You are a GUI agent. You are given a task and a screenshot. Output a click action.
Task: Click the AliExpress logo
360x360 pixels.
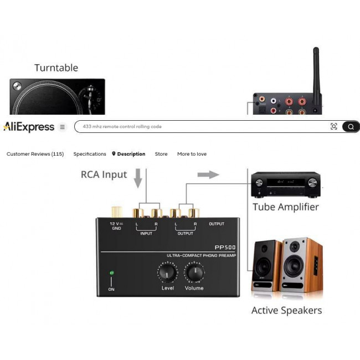point(29,127)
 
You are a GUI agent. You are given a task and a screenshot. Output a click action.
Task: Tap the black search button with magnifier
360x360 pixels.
point(351,127)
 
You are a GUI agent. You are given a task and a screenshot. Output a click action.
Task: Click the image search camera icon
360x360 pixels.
point(333,127)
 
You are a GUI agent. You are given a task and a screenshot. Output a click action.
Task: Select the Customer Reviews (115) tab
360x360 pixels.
point(35,154)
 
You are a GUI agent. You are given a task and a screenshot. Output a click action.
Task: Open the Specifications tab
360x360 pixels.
point(90,154)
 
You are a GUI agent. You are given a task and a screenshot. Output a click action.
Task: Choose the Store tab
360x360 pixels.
point(161,154)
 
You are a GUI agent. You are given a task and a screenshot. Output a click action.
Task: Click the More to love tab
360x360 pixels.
point(192,154)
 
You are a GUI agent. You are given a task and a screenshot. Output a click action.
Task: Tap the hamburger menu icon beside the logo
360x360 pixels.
point(62,127)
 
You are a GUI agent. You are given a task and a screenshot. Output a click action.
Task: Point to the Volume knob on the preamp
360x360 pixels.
point(194,272)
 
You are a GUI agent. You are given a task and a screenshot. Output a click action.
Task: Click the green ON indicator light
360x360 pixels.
point(111,272)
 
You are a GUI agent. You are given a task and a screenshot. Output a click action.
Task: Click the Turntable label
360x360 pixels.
point(56,68)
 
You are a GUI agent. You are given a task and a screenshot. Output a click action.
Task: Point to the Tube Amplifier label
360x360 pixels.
point(286,207)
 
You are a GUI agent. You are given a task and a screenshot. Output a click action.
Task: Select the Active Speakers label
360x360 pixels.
point(286,310)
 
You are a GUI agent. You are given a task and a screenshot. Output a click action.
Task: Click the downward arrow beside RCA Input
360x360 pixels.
point(138,179)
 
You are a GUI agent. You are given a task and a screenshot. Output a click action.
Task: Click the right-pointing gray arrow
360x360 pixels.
point(208,174)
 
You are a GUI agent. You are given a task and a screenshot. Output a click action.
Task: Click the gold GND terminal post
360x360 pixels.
point(117,211)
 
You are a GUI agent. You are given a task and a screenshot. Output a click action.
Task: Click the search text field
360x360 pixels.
point(199,127)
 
